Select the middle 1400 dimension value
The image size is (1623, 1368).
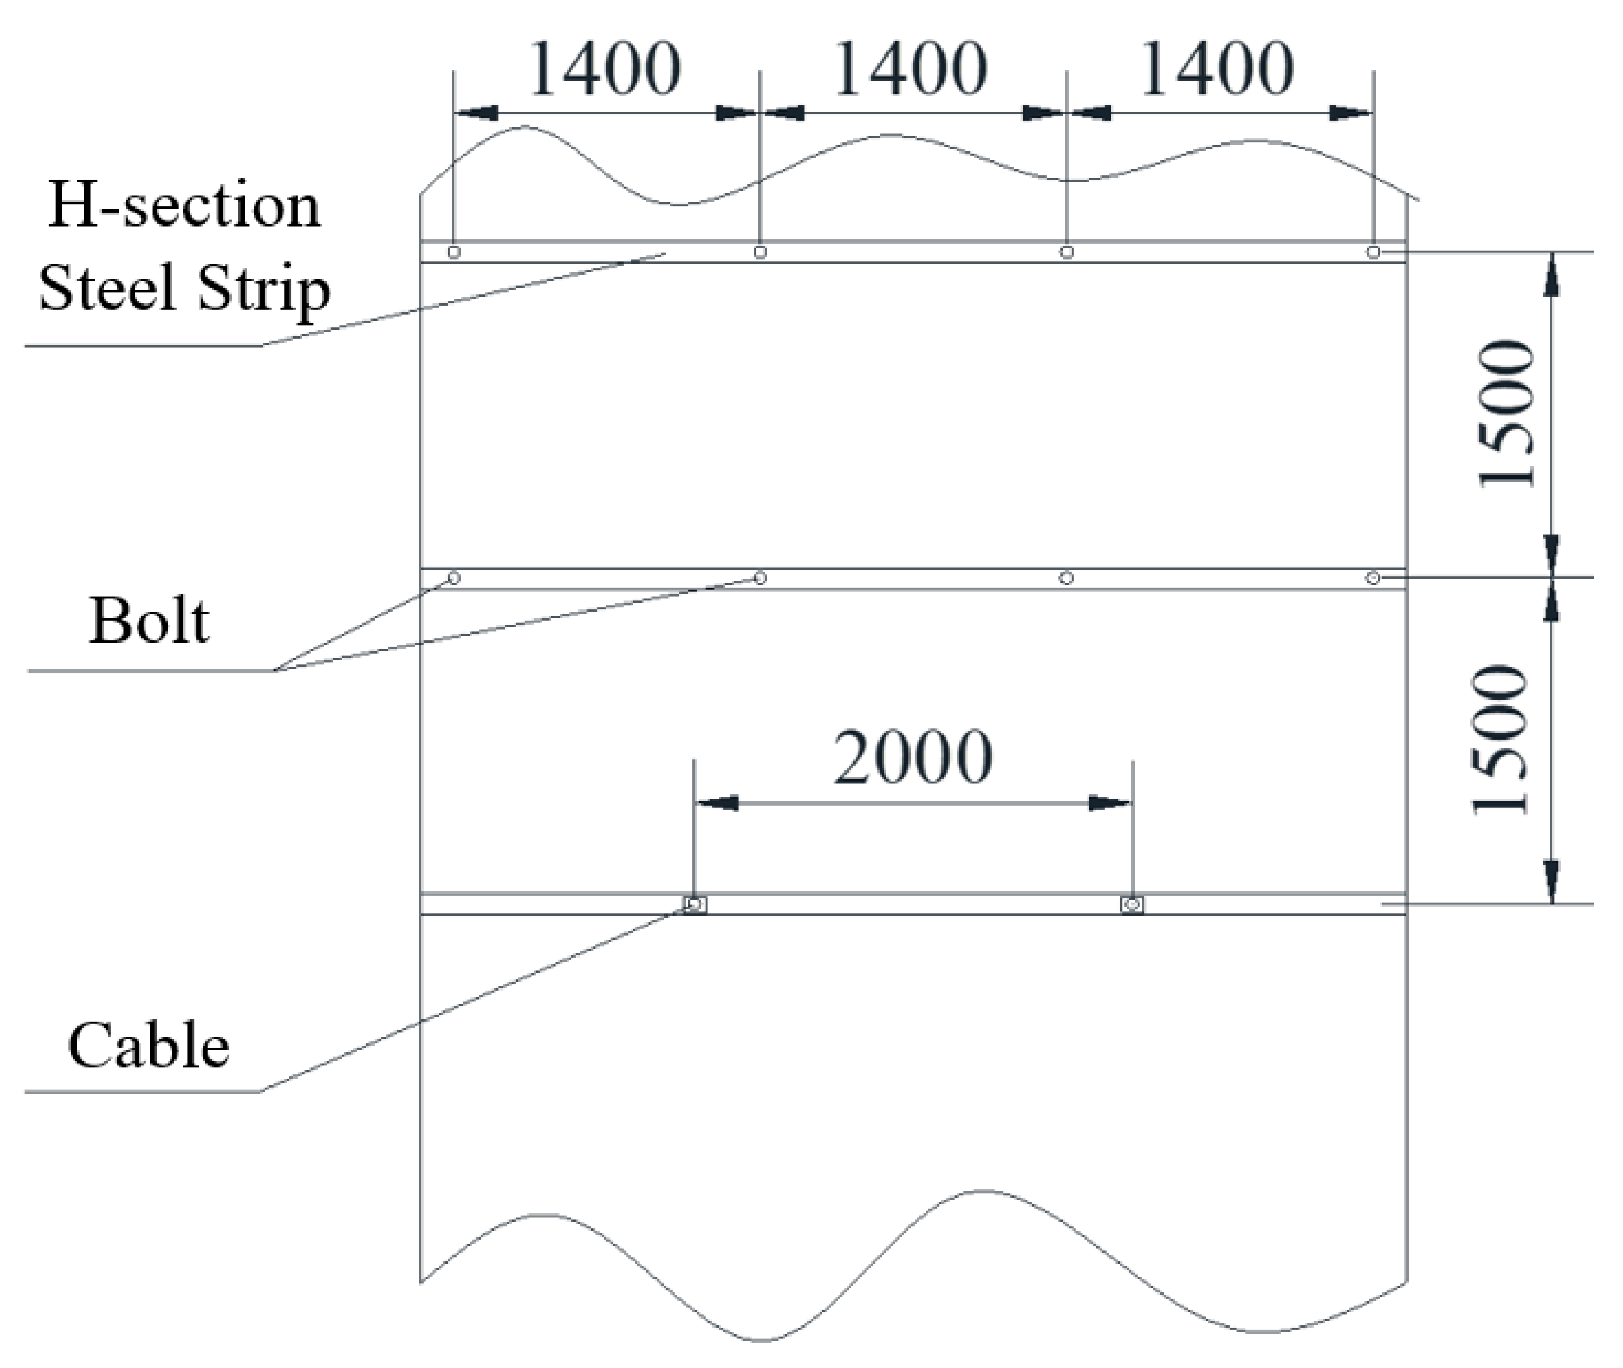point(910,70)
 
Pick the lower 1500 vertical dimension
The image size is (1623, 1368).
point(1501,740)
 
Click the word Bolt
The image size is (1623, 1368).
point(149,621)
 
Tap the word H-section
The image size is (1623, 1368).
point(184,206)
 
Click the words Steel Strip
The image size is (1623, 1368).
point(185,289)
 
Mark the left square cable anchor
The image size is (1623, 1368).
point(695,904)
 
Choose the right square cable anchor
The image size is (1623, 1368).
point(1132,904)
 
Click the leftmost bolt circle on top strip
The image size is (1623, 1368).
point(454,252)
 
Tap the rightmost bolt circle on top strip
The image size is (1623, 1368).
point(1373,252)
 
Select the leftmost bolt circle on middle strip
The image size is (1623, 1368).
point(454,577)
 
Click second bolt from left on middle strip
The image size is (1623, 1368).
point(760,577)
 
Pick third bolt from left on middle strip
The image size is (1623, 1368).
point(1066,577)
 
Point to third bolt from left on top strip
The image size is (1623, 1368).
point(1066,252)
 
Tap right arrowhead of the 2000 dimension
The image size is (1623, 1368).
point(1110,803)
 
